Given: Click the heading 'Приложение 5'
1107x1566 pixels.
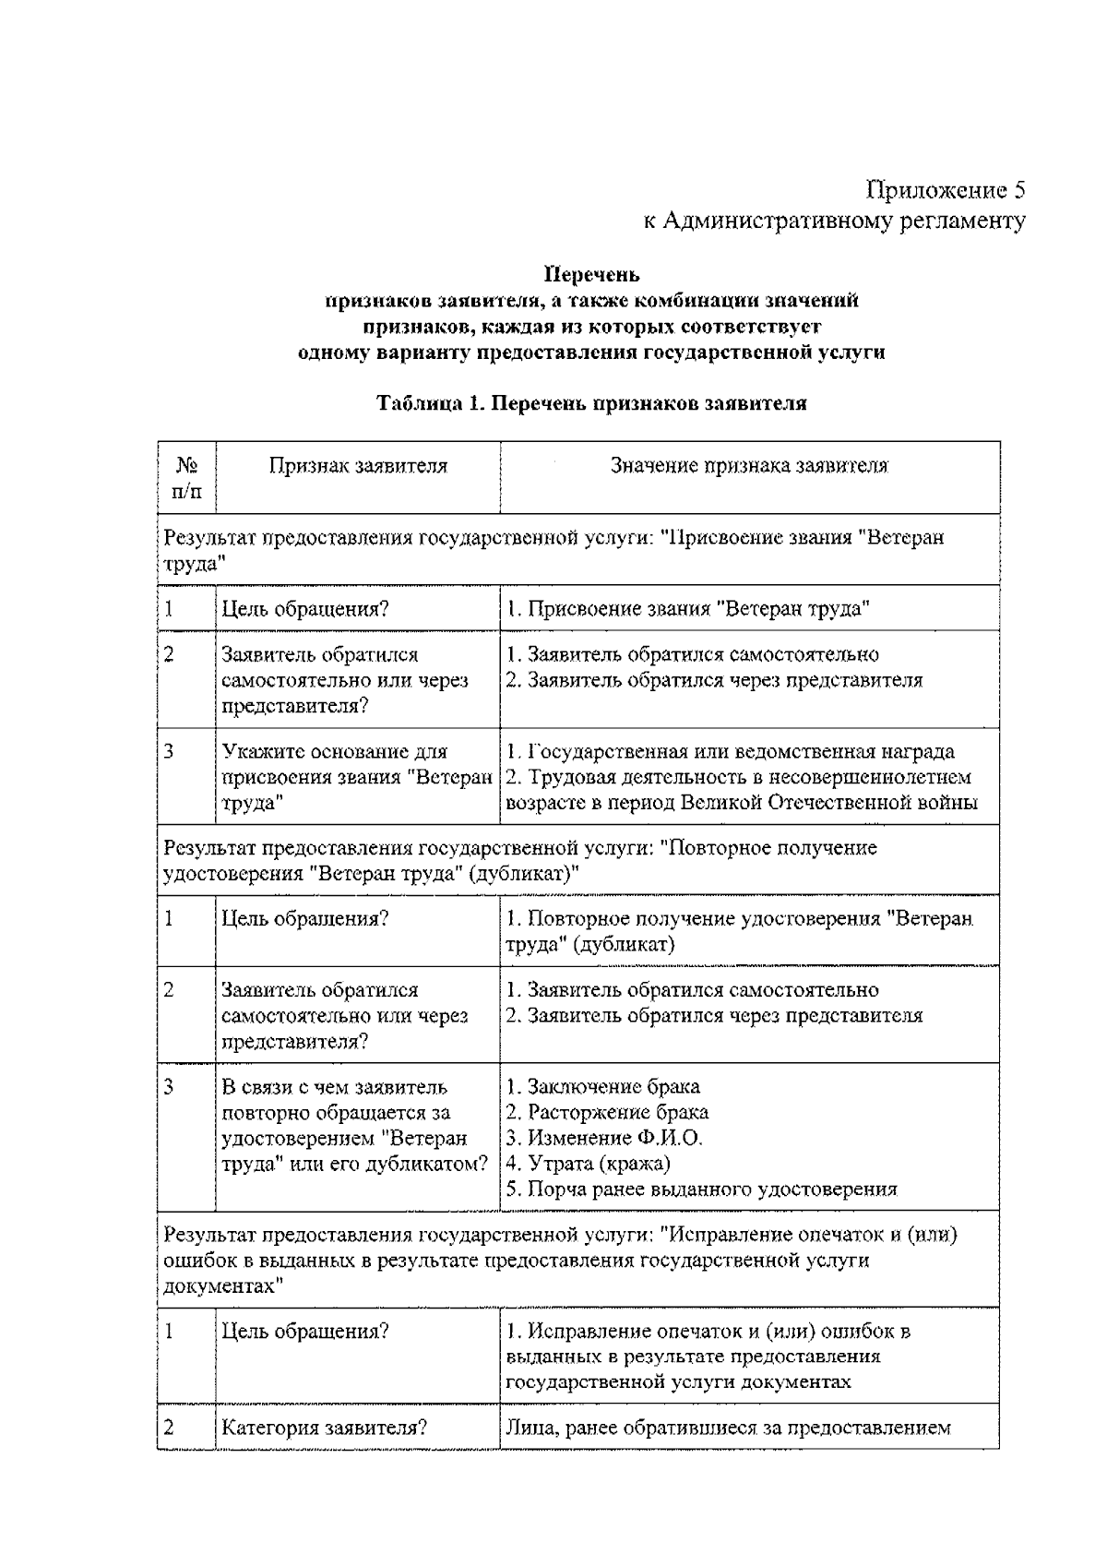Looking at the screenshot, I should tap(945, 190).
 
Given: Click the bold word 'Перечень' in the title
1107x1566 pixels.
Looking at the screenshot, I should tap(591, 275).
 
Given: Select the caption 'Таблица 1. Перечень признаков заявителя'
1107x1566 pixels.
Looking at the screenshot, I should tap(591, 403).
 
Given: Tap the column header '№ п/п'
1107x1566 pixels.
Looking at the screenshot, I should tap(185, 479).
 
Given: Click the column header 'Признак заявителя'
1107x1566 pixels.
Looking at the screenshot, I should tap(358, 466).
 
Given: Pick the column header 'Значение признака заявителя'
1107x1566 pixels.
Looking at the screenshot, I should tap(749, 466).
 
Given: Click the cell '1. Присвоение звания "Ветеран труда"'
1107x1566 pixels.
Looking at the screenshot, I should tap(688, 609).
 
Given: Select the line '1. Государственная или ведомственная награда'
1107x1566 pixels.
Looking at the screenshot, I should tap(730, 752).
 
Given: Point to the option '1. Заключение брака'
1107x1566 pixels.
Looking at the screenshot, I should tap(603, 1087).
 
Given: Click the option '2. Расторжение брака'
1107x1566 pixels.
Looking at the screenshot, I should tap(607, 1113).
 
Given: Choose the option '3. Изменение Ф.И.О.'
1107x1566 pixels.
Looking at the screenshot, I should tap(604, 1138).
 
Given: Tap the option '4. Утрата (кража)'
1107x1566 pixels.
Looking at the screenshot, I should tap(589, 1164).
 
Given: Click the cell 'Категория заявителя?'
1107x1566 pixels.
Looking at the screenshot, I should tap(323, 1429).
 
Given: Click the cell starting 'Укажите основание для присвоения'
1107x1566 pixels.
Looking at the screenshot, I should tap(356, 777).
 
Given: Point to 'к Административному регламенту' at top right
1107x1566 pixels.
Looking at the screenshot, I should tap(833, 221).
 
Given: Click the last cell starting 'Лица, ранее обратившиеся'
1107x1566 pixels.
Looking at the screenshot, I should tap(728, 1429).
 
